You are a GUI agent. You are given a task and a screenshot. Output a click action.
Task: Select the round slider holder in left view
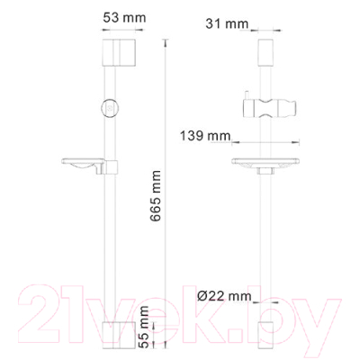pos(111,106)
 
